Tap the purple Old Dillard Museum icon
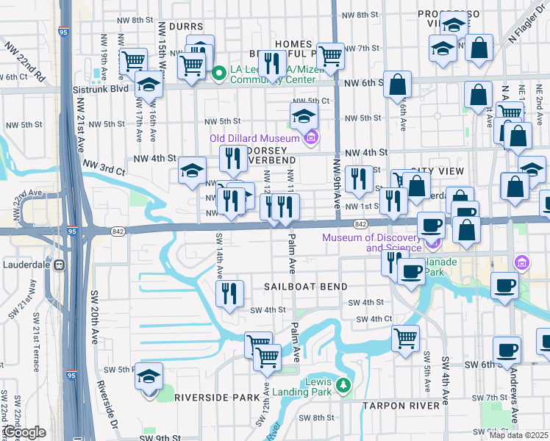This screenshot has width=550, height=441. (x=311, y=137)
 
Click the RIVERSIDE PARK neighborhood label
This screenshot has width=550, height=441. (x=216, y=397)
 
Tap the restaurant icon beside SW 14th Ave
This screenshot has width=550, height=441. (x=229, y=293)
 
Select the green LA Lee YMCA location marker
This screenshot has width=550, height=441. (x=218, y=73)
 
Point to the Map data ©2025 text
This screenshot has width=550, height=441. (x=518, y=435)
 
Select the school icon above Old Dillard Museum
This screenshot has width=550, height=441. (x=304, y=115)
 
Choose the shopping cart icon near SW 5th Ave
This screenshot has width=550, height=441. (x=405, y=339)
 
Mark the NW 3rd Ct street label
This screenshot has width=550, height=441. (x=104, y=167)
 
